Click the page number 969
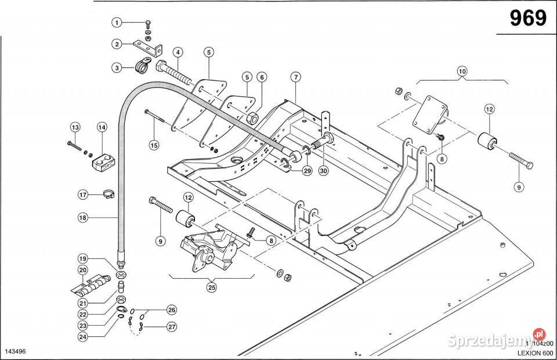tap(528, 19)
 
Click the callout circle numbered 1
tap(117, 23)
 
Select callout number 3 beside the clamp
tap(117, 68)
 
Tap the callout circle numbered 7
tap(295, 77)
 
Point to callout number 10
tap(462, 71)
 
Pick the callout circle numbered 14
tap(102, 127)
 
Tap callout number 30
tap(323, 171)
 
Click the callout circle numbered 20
tap(83, 270)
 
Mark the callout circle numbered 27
tap(172, 327)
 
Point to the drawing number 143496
tap(16, 352)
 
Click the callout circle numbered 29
tap(307, 171)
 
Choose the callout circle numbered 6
tap(262, 77)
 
